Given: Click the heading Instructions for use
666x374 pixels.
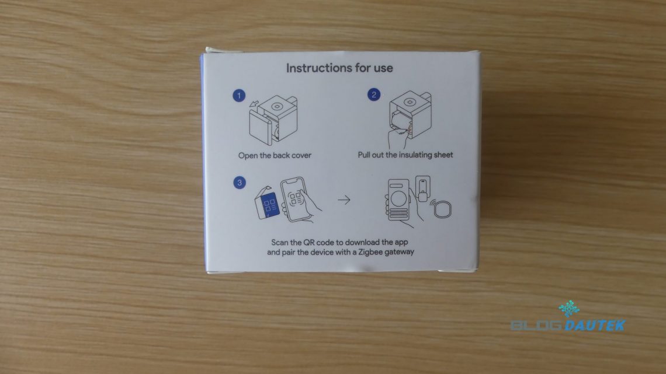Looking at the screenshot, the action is [x=339, y=68].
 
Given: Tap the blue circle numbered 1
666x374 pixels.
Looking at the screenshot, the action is [x=239, y=96].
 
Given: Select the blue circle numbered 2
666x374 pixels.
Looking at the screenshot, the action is [x=374, y=95].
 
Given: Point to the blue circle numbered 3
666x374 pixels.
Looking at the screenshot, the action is [x=240, y=183].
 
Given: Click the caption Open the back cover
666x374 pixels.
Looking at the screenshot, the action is [x=275, y=156].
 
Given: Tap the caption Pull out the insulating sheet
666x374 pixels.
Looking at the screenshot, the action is [x=405, y=155].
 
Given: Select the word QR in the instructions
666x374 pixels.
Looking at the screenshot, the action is [x=308, y=243].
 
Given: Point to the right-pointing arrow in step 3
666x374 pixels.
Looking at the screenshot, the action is [x=344, y=200].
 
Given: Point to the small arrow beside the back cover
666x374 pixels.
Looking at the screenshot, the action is [x=254, y=103].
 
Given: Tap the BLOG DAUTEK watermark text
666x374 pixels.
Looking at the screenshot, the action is [x=568, y=325].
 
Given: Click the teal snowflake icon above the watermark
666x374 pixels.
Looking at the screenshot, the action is [x=569, y=309].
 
